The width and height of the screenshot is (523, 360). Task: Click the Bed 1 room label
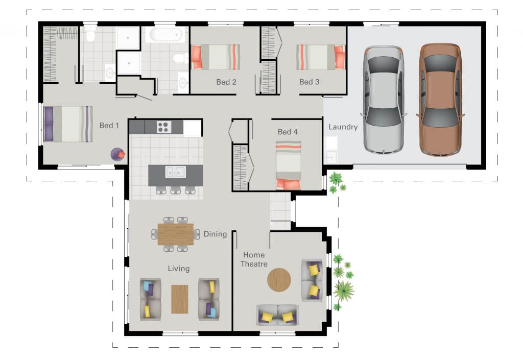pyautogui.click(x=109, y=126)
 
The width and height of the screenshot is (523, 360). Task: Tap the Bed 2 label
pyautogui.click(x=226, y=82)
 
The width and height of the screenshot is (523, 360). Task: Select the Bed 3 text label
pyautogui.click(x=309, y=82)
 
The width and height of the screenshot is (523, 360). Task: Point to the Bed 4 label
pyautogui.click(x=288, y=132)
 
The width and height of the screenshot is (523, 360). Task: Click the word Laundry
pyautogui.click(x=343, y=127)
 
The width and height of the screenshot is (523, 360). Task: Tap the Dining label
pyautogui.click(x=215, y=234)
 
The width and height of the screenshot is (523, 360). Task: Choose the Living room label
pyautogui.click(x=179, y=268)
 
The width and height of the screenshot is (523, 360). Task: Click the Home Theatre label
pyautogui.click(x=254, y=259)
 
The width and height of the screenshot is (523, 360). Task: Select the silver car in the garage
pyautogui.click(x=384, y=100)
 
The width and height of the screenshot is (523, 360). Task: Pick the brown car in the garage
pyautogui.click(x=440, y=100)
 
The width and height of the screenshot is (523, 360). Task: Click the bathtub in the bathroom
pyautogui.click(x=166, y=34)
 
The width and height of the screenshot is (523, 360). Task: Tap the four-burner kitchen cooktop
pyautogui.click(x=164, y=127)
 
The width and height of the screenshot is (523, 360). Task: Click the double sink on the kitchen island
pyautogui.click(x=176, y=172)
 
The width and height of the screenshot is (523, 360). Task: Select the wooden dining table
pyautogui.click(x=176, y=234)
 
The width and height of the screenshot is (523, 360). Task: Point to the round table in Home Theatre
pyautogui.click(x=279, y=280)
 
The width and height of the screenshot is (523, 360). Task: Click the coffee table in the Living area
pyautogui.click(x=180, y=299)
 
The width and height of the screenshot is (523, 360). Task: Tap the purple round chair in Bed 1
pyautogui.click(x=118, y=155)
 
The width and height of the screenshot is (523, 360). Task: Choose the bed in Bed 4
pyautogui.click(x=289, y=165)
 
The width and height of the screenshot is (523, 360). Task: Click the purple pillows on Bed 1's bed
pyautogui.click(x=49, y=124)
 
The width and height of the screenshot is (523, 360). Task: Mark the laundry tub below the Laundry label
pyautogui.click(x=331, y=156)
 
